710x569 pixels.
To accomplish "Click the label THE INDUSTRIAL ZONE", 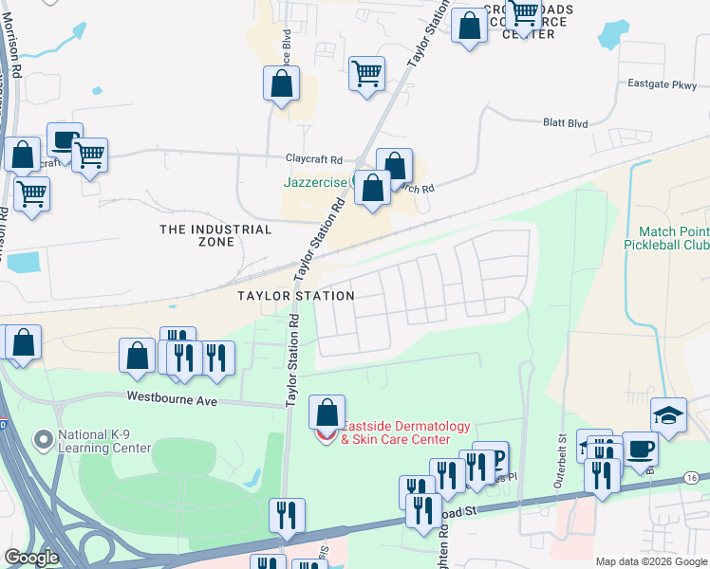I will pos(215,235).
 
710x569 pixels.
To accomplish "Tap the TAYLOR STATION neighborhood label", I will pos(295,296).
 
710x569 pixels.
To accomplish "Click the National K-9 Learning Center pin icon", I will pos(42,440).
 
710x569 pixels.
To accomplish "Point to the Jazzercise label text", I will pos(314,182).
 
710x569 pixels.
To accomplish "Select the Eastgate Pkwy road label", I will pos(662,84).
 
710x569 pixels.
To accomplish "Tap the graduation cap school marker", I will pos(668,415).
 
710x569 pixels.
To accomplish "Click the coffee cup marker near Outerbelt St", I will pos(640,449).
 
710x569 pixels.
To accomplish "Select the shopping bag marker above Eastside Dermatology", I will pos(327,413).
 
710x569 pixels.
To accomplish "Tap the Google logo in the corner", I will pos(30,558).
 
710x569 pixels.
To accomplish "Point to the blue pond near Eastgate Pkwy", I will pos(614,35).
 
